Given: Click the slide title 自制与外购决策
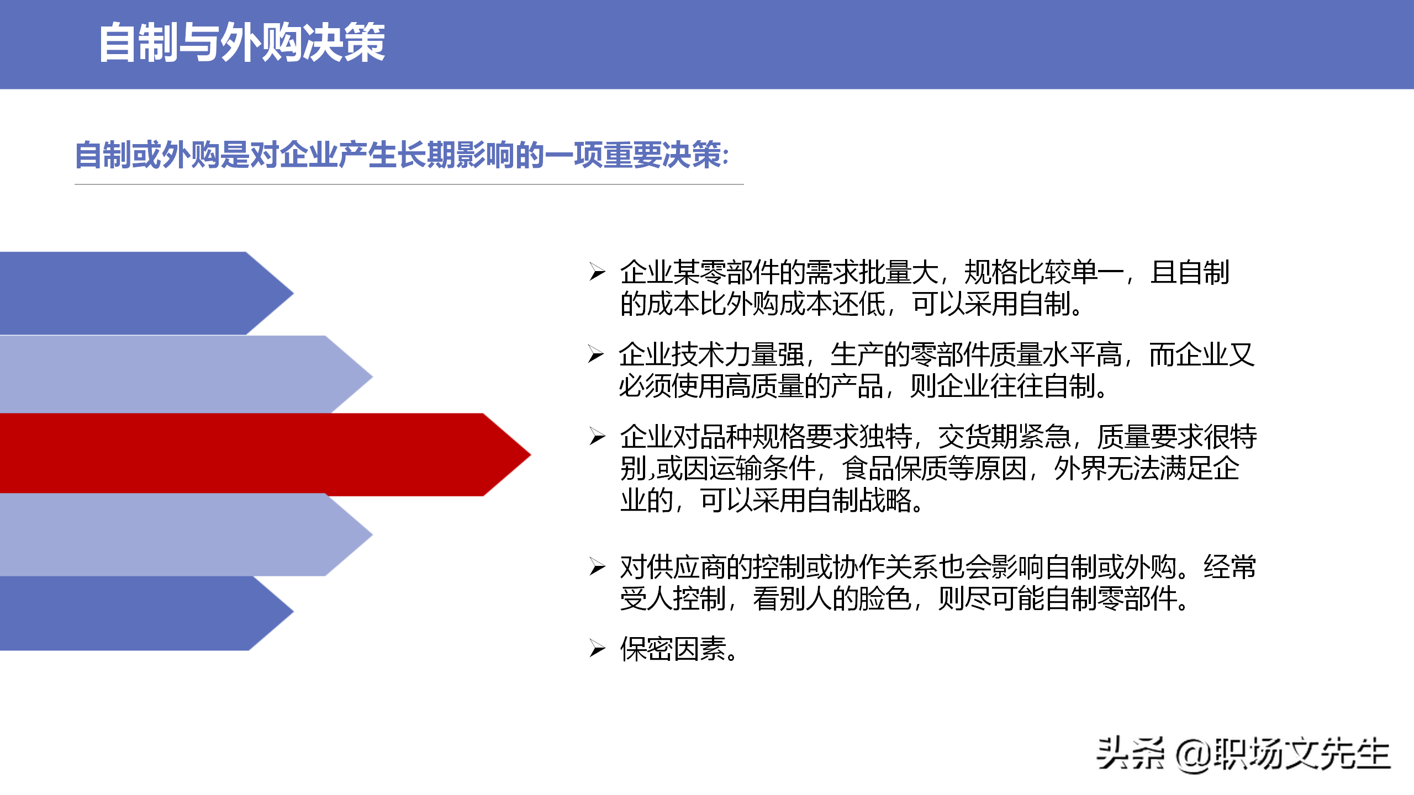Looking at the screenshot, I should pos(241,43).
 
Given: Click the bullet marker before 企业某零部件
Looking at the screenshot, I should pos(597,272).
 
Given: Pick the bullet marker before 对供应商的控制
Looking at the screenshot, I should pos(597,566).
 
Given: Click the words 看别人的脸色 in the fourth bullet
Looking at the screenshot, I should pos(831,598).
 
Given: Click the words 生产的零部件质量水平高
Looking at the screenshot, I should pos(975,354).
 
